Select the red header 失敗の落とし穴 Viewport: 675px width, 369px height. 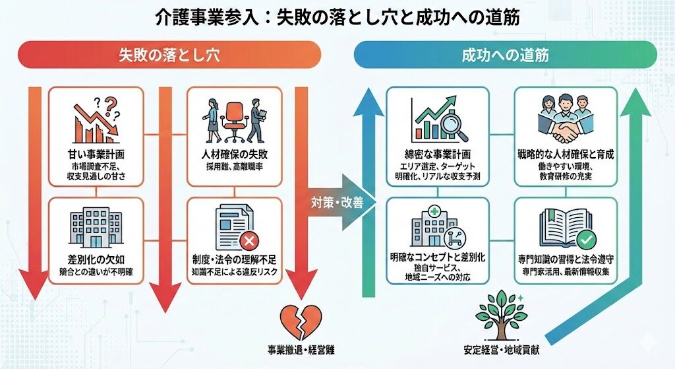coord(169,55)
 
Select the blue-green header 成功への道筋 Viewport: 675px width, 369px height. coord(505,55)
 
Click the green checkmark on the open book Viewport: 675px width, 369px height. coord(584,238)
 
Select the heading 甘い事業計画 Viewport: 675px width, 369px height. coord(96,155)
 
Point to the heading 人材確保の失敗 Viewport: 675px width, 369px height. coord(235,155)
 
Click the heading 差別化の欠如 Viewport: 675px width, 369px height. coord(96,258)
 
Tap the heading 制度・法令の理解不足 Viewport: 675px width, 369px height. coord(235,258)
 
